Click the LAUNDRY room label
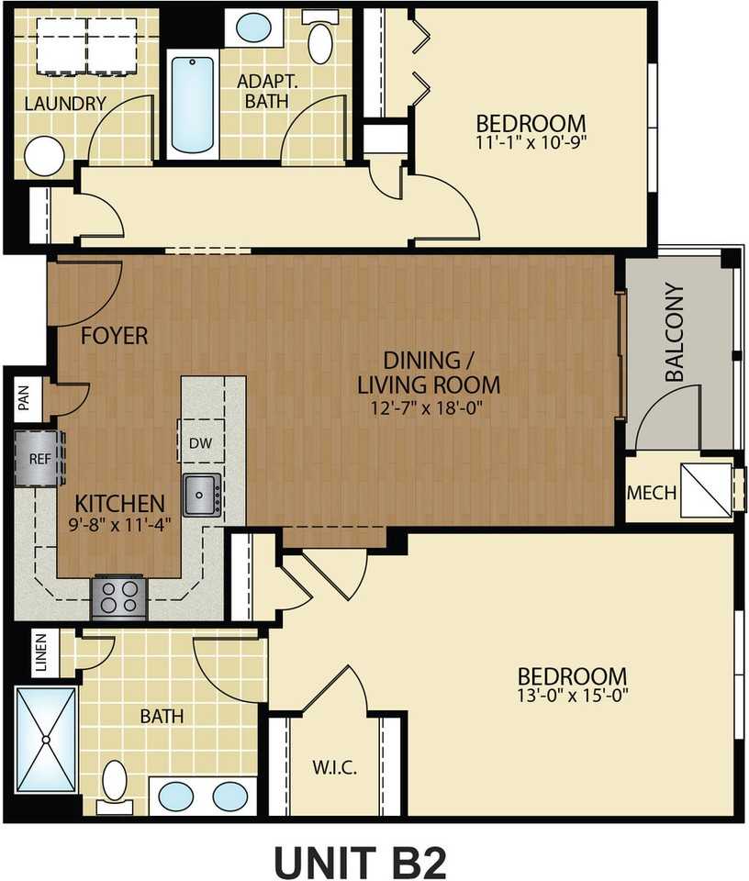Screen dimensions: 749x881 pyautogui.click(x=65, y=104)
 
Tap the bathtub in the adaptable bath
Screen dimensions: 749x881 pyautogui.click(x=192, y=105)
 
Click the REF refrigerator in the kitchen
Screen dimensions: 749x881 pyautogui.click(x=39, y=459)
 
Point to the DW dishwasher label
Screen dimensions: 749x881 pyautogui.click(x=201, y=443)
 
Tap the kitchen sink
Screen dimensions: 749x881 pyautogui.click(x=201, y=495)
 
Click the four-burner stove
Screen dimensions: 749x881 pyautogui.click(x=119, y=597)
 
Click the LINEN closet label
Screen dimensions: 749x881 pyautogui.click(x=41, y=652)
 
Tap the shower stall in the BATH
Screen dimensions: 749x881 pyautogui.click(x=46, y=740)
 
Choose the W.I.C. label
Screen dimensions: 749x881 pyautogui.click(x=334, y=767)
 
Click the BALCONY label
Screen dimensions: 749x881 pyautogui.click(x=675, y=331)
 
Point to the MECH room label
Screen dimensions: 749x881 pyautogui.click(x=651, y=493)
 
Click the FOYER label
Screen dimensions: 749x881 pyautogui.click(x=114, y=336)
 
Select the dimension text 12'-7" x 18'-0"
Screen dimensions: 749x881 pyautogui.click(x=427, y=407)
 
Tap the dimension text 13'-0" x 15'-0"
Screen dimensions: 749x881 pyautogui.click(x=572, y=696)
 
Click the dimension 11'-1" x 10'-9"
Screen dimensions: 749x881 pyautogui.click(x=531, y=141)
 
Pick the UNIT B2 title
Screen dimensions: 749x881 pyautogui.click(x=360, y=862)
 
